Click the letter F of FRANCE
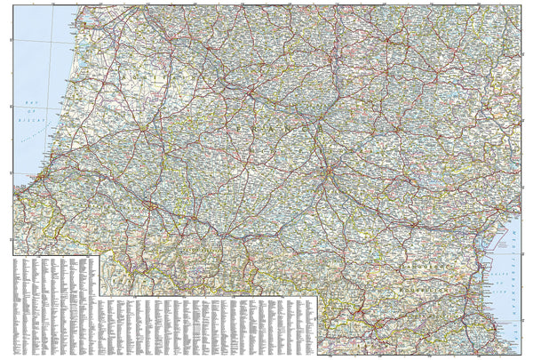(242, 128)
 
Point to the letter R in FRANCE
(256, 128)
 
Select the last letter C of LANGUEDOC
(469, 267)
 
